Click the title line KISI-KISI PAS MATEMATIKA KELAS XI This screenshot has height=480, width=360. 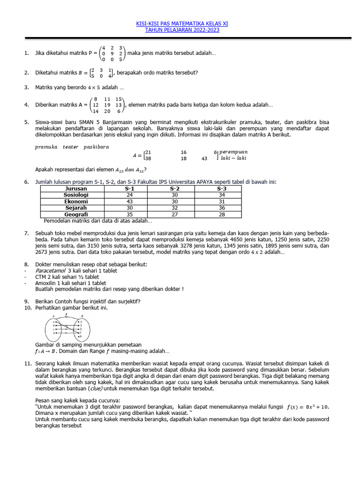pyautogui.click(x=182, y=23)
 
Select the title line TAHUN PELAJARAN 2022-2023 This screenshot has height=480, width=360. pyautogui.click(x=182, y=30)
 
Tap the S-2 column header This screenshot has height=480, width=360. pyautogui.click(x=175, y=188)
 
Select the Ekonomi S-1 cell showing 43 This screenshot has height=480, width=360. pyautogui.click(x=129, y=202)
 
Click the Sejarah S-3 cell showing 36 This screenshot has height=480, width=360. pyautogui.click(x=222, y=208)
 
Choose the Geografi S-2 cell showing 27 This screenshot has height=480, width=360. pyautogui.click(x=175, y=215)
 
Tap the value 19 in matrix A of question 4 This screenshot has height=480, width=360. pyautogui.click(x=107, y=105)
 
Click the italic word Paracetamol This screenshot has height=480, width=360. pyautogui.click(x=50, y=271)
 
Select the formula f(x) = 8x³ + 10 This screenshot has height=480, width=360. pyautogui.click(x=308, y=406)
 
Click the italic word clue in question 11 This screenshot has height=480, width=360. pyautogui.click(x=95, y=389)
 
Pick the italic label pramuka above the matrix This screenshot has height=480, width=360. pyautogui.click(x=46, y=147)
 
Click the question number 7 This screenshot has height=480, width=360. pyautogui.click(x=26, y=233)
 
